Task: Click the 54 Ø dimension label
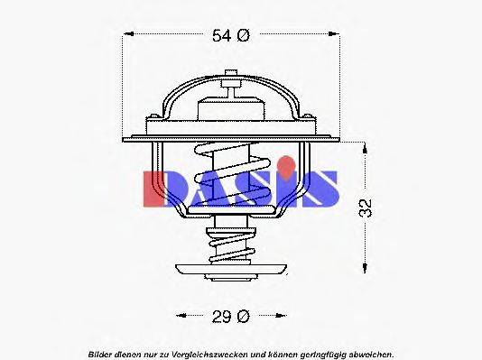[230, 36]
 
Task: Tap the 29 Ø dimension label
[231, 316]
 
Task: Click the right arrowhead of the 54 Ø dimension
[335, 36]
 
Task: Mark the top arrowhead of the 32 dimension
[365, 144]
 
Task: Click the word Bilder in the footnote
[101, 352]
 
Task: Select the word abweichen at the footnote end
[371, 352]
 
